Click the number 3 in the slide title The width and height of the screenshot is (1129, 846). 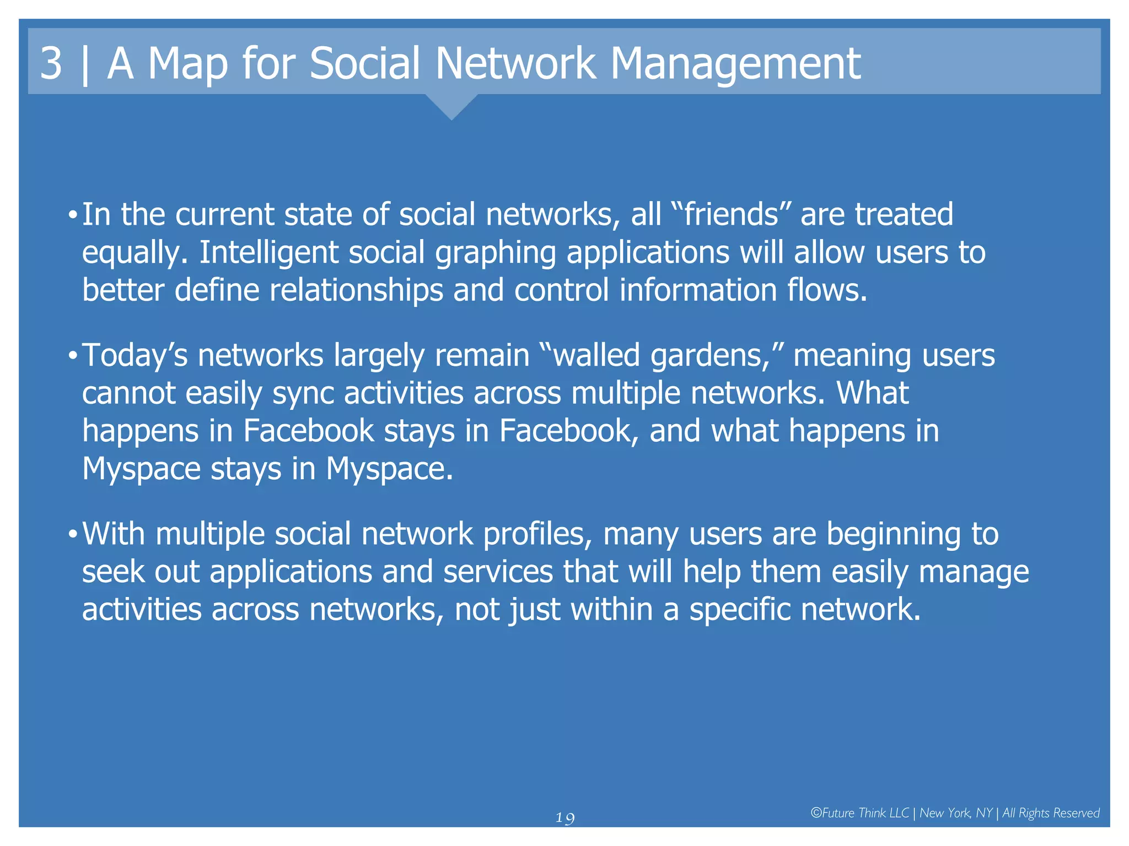pyautogui.click(x=51, y=63)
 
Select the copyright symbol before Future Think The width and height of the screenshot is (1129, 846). pyautogui.click(x=816, y=813)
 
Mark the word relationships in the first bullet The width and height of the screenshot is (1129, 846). pyautogui.click(x=356, y=290)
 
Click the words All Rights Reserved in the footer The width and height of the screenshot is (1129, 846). pyautogui.click(x=1051, y=813)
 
